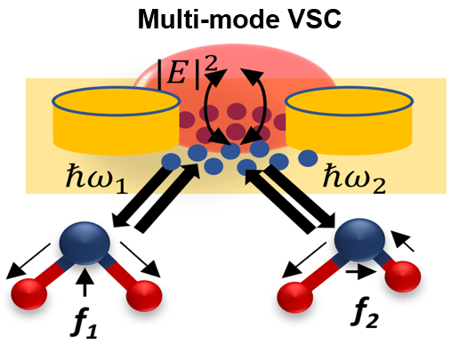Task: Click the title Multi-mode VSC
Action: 239,19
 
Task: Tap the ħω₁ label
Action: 96,179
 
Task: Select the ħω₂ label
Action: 354,179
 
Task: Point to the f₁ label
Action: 84,325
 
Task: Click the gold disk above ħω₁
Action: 117,120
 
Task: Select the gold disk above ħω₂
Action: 350,120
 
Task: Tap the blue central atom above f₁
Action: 85,243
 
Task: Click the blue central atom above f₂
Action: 359,240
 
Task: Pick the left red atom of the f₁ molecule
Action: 28,294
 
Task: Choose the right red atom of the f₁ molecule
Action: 144,296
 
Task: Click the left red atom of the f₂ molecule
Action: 295,297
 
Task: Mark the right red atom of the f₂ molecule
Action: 403,276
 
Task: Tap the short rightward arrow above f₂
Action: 361,271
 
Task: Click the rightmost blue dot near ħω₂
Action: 308,158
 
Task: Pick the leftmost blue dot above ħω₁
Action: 171,162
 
